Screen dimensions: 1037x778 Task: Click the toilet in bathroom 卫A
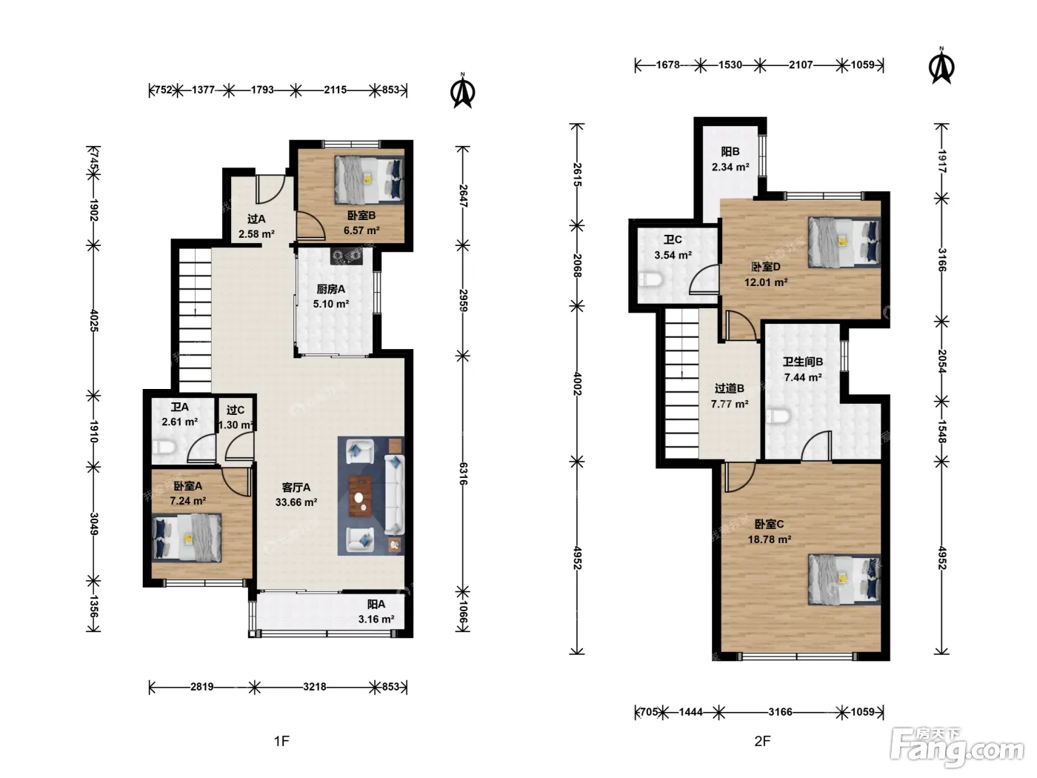(164, 446)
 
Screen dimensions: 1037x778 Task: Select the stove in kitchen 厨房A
(347, 256)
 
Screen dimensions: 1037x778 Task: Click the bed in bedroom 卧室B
(370, 180)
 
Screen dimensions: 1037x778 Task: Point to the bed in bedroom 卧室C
(844, 579)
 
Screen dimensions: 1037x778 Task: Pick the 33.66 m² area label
(296, 502)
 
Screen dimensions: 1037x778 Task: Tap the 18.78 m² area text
(770, 539)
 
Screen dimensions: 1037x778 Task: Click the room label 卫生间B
(803, 362)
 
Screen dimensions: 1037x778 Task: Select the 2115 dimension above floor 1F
(335, 90)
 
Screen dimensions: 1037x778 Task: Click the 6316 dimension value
(464, 473)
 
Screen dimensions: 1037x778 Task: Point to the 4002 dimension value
(577, 384)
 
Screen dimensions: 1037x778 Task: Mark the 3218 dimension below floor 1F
(315, 687)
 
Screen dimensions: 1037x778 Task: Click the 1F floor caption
(281, 741)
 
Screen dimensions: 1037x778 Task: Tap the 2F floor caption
(762, 741)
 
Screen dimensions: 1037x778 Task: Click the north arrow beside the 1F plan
(463, 90)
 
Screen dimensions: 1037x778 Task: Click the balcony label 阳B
(730, 152)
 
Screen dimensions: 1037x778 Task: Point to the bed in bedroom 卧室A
(187, 538)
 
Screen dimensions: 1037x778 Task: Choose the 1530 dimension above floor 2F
(730, 64)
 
